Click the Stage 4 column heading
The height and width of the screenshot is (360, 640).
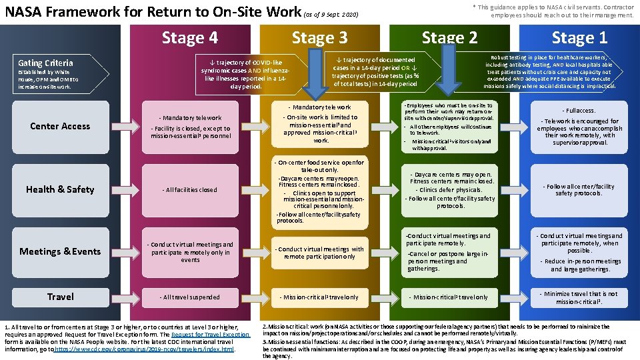[x=189, y=38]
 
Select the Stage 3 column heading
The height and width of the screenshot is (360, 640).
[x=319, y=38]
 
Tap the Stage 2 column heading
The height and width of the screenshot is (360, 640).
[x=449, y=38]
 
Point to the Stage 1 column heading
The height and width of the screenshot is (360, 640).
[x=579, y=38]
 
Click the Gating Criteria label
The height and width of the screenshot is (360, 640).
[x=46, y=63]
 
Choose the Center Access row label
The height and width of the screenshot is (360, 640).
[x=60, y=126]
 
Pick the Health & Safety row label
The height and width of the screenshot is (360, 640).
[x=60, y=189]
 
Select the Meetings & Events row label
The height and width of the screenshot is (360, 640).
[x=60, y=251]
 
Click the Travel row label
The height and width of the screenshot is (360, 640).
[x=60, y=296]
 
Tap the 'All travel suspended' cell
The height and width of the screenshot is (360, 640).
[x=189, y=297]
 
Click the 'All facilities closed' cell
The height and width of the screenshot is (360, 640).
[x=189, y=190]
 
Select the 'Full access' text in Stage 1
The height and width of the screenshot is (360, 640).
[x=579, y=110]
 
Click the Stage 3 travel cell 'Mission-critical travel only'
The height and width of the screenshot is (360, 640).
[x=319, y=297]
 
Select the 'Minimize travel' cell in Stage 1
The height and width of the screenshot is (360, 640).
[x=579, y=297]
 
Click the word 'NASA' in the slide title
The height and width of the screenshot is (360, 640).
[x=25, y=11]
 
